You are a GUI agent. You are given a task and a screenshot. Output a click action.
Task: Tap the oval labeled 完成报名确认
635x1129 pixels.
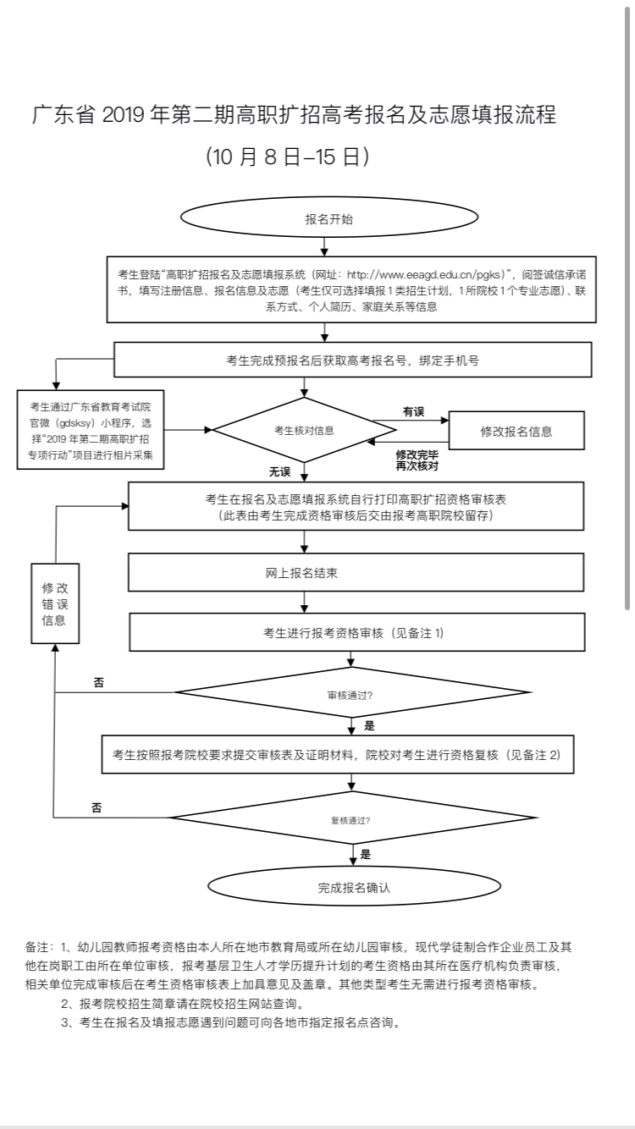[354, 888]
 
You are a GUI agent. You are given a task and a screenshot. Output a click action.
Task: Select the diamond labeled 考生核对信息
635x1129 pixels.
[304, 430]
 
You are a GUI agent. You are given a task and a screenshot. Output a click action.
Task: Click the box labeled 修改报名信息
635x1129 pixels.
[516, 431]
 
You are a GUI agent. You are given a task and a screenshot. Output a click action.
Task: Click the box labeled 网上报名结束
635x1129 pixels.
[356, 573]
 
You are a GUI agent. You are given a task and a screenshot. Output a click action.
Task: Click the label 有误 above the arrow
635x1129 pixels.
[413, 412]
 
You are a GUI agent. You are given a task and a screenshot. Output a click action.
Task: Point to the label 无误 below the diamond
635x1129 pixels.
[279, 471]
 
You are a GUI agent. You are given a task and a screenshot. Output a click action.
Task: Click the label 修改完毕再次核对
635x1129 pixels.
[417, 460]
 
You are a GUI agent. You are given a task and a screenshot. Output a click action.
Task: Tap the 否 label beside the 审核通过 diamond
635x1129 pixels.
[99, 682]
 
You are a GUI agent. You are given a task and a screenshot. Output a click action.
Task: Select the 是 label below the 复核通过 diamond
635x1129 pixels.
[366, 854]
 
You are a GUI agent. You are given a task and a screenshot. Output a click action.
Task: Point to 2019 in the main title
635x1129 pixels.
[124, 115]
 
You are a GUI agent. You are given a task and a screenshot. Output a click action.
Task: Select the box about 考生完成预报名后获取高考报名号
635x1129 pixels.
[352, 360]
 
